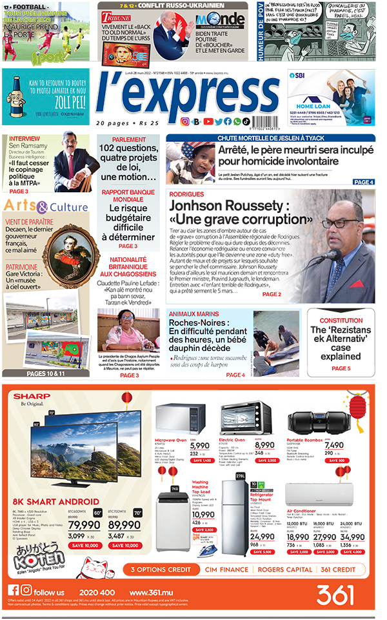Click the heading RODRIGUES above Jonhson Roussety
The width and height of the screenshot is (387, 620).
187,194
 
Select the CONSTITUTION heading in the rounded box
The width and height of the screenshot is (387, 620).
341,321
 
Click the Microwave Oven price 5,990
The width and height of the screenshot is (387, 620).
199,445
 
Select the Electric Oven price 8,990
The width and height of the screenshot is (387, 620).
264,445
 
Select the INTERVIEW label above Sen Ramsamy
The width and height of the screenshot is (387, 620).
24,139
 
